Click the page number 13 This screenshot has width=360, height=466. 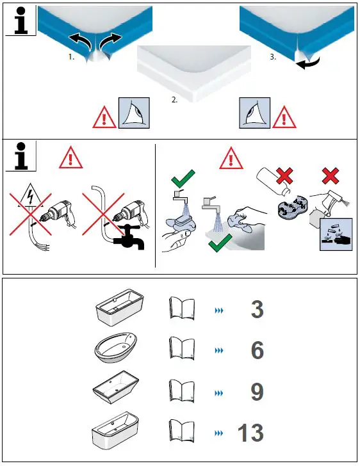point(250,433)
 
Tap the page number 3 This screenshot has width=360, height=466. point(258,309)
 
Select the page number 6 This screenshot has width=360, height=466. point(258,350)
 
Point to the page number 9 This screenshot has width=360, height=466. point(258,391)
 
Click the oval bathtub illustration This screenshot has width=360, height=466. point(116,348)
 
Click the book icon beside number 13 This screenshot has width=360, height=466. point(182,430)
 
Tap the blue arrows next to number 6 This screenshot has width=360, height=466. point(219,351)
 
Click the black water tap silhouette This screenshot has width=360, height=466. point(130,237)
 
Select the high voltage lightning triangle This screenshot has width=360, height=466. point(30,196)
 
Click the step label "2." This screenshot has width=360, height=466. point(175,100)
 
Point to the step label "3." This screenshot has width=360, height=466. point(273,57)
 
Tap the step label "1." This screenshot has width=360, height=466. point(71,57)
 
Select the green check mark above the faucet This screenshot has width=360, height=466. point(183,179)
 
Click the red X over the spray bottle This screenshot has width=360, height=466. point(331,176)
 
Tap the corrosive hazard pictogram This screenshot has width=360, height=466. point(336,234)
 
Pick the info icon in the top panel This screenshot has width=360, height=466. point(20,20)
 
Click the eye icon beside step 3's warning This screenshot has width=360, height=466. point(255,113)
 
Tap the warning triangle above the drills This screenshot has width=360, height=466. point(70,158)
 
